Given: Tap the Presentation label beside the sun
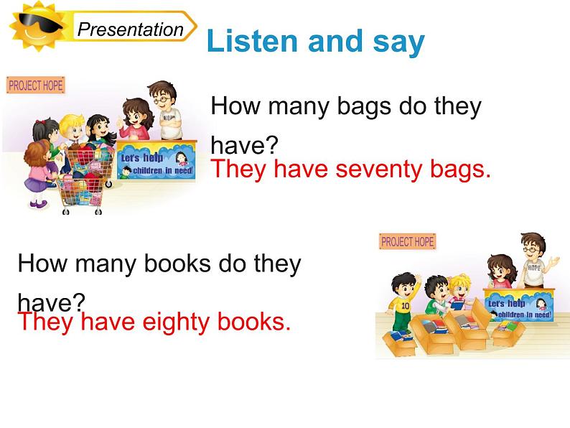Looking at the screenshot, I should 131,29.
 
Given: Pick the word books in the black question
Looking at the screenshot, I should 169,264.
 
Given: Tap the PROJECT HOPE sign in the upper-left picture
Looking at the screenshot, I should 35,85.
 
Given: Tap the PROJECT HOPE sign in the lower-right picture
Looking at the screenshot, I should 407,241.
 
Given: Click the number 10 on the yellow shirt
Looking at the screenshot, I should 404,304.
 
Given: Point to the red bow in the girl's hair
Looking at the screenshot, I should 39,126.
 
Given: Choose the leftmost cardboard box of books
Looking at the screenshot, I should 403,338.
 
